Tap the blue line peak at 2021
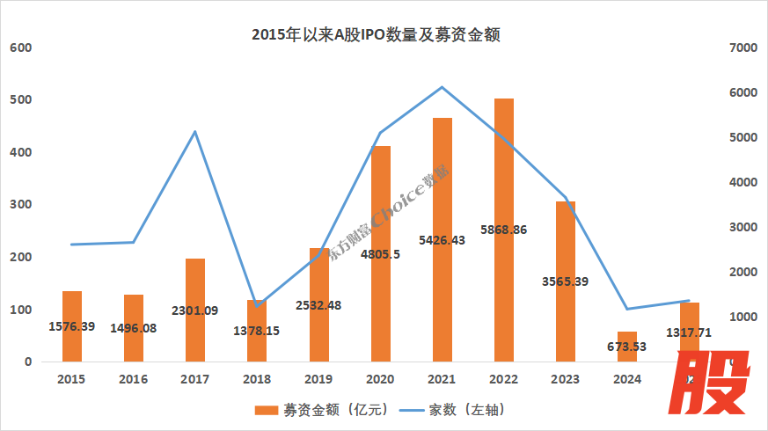442,87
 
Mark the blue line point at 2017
195,132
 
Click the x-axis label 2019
318,379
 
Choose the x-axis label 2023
565,379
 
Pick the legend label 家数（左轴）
467,411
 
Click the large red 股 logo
715,383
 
